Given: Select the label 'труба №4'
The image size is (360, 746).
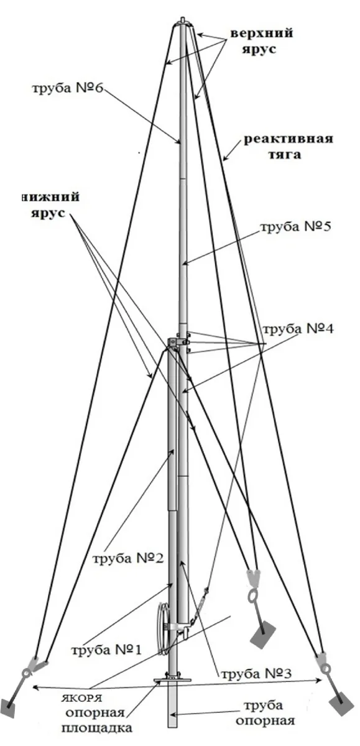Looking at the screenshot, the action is tap(298, 329).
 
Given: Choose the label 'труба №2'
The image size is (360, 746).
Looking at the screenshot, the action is tap(128, 558).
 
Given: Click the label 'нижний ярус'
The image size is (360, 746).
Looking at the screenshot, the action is tap(50, 205).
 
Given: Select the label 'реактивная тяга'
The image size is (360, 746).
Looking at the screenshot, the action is tap(288, 147).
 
